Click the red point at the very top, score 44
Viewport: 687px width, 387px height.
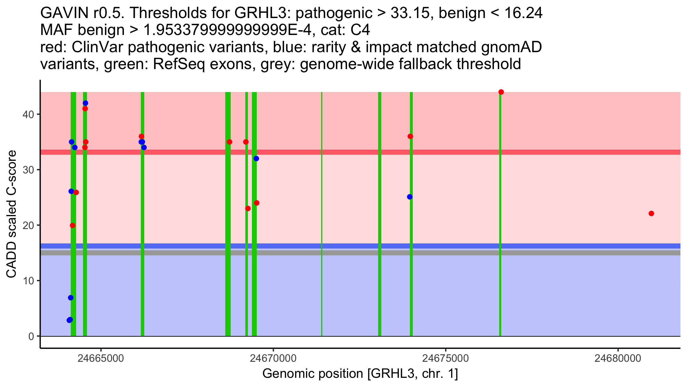click(x=501, y=92)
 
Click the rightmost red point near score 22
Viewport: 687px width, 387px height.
click(x=651, y=214)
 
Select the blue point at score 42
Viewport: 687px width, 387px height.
click(x=85, y=103)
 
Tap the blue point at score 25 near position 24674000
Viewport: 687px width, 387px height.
click(x=410, y=197)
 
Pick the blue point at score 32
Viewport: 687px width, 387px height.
click(x=256, y=159)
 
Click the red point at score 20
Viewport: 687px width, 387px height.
click(x=73, y=225)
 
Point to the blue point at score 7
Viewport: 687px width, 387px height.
click(x=71, y=298)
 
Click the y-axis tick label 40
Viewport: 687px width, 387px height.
click(x=28, y=114)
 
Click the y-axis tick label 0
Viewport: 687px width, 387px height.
click(x=31, y=336)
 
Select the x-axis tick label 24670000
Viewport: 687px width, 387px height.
click(x=273, y=358)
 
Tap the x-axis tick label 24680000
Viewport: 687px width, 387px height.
click(x=618, y=358)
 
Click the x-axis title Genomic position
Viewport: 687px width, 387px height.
click(x=360, y=374)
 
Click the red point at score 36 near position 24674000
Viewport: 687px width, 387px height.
click(x=410, y=136)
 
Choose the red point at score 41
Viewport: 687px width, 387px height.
click(x=85, y=109)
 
